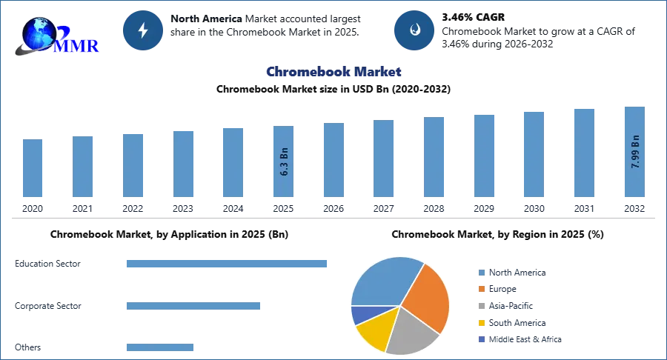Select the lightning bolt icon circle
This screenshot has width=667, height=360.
[x=143, y=30]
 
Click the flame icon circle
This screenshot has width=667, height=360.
[x=414, y=30]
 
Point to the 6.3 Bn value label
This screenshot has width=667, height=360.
[x=285, y=164]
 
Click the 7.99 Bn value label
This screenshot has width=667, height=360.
[x=634, y=152]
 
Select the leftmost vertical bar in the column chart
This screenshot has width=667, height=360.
[x=33, y=168]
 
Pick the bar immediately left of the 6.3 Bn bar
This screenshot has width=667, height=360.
[x=231, y=162]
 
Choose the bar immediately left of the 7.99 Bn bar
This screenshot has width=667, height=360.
[x=583, y=153]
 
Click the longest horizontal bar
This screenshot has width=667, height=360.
[x=227, y=264]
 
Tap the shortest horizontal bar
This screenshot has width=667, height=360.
[x=160, y=349]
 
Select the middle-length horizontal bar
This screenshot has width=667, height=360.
[x=193, y=307]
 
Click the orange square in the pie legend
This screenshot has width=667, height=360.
[x=480, y=290]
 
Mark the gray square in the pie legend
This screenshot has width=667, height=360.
[x=480, y=307]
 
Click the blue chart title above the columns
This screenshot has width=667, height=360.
[x=333, y=72]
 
